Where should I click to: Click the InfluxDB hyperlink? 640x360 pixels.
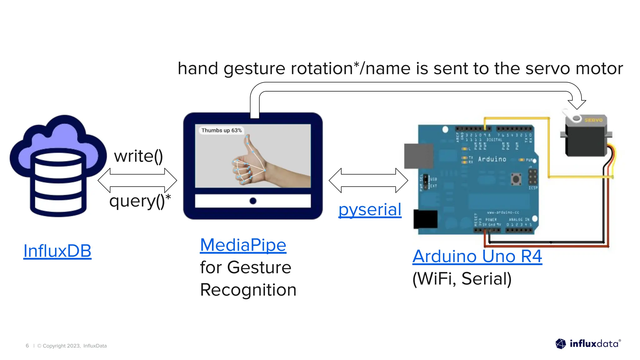[x=57, y=251]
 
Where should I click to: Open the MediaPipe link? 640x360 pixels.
[x=243, y=245]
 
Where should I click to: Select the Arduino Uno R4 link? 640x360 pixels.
[x=477, y=256]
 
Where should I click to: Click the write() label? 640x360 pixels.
[x=138, y=156]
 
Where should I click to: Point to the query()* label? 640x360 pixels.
[x=140, y=201]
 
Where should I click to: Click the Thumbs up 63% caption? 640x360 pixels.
[x=221, y=130]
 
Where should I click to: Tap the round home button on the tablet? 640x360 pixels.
[x=253, y=201]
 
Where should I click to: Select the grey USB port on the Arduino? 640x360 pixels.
[x=418, y=156]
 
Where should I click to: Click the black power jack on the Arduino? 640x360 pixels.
[x=425, y=219]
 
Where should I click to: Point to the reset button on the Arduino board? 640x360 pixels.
[x=516, y=179]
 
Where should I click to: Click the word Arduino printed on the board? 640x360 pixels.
[x=492, y=159]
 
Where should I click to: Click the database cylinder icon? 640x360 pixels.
[x=58, y=183]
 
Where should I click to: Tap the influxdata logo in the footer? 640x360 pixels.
[x=588, y=344]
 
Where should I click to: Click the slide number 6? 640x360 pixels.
[x=27, y=346]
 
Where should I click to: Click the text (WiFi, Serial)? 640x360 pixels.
[x=462, y=279]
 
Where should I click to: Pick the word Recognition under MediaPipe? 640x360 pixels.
[x=248, y=290]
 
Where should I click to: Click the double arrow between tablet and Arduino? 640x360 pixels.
[x=368, y=180]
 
